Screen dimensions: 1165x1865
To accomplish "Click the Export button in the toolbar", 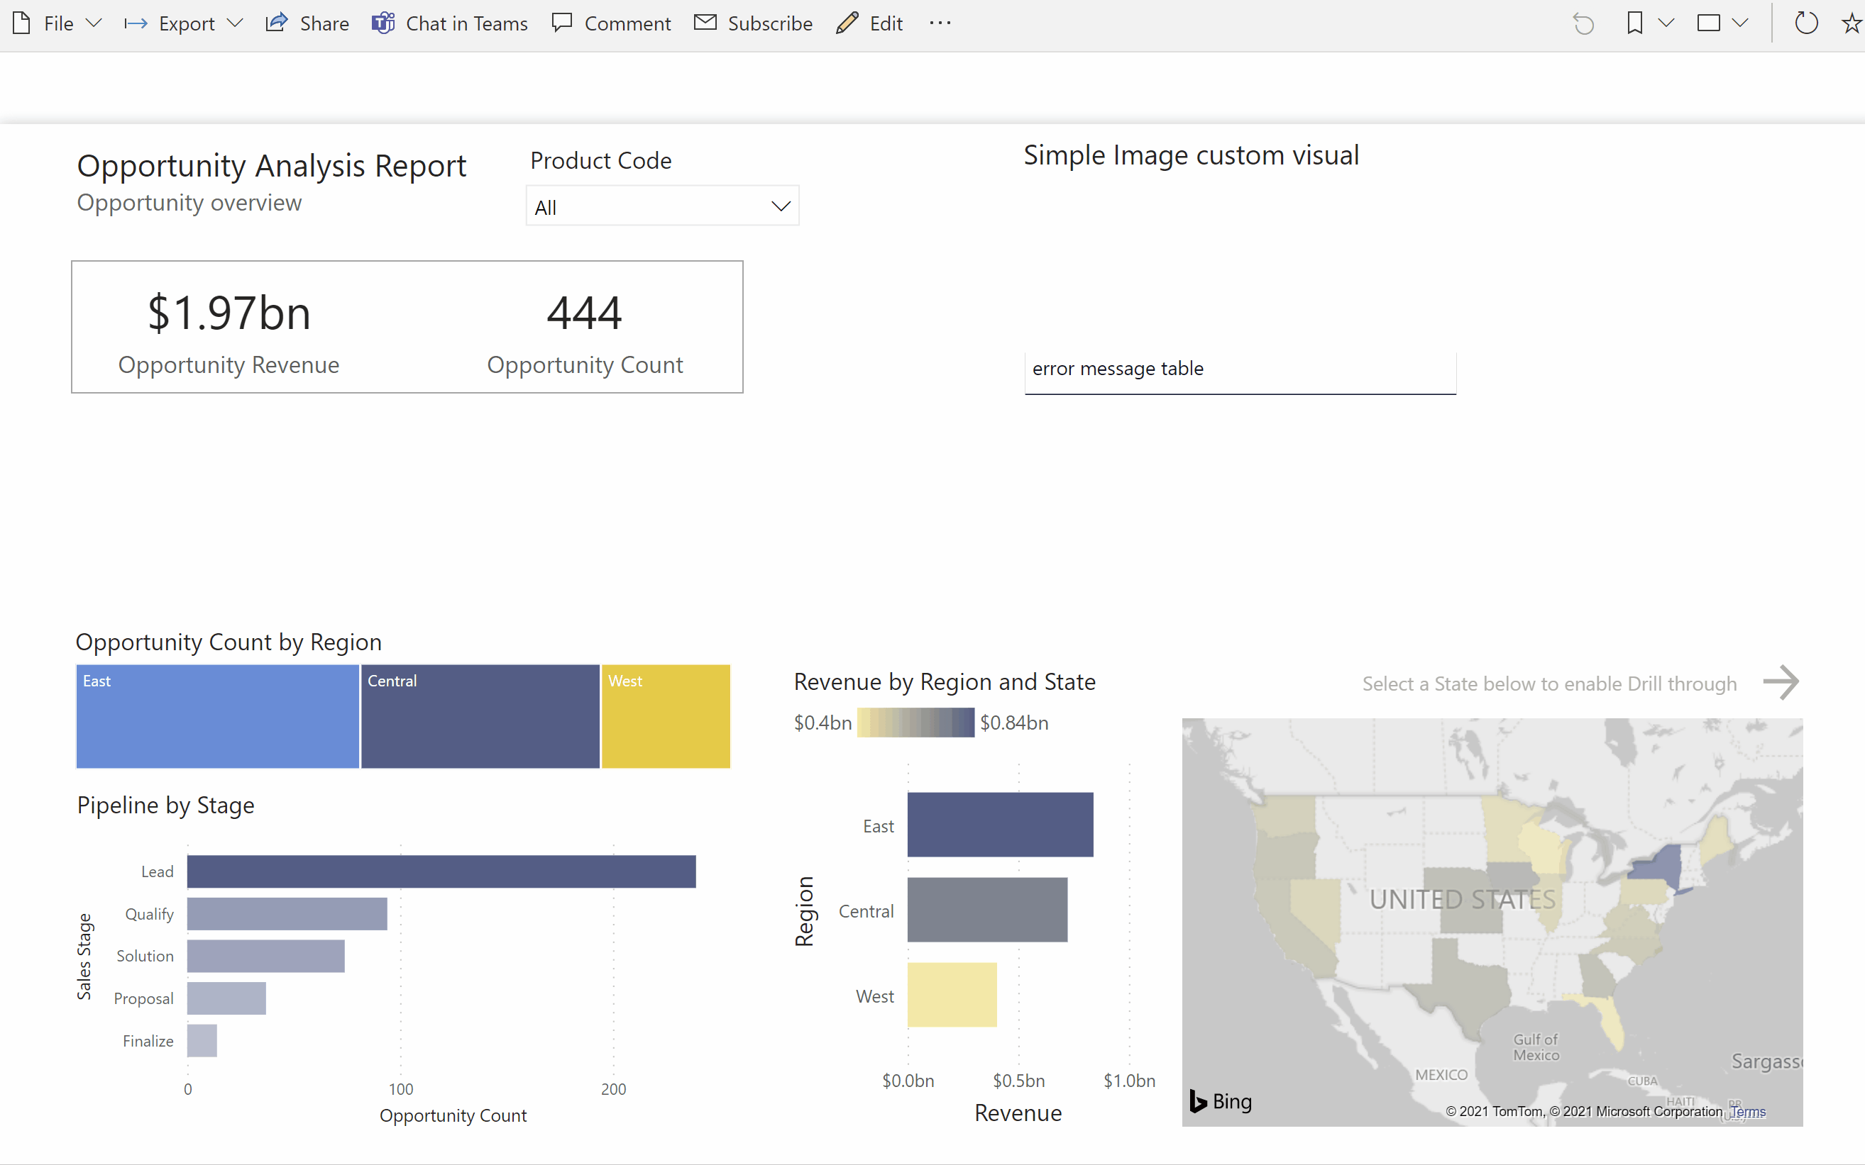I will (x=185, y=24).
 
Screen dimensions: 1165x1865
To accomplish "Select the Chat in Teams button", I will (x=450, y=24).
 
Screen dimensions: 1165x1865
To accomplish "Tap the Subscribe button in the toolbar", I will (x=753, y=24).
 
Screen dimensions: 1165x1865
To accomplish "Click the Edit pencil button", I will (x=869, y=24).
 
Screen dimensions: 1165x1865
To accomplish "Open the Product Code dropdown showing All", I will (x=662, y=206).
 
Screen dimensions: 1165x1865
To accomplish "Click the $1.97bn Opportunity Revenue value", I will (x=229, y=313).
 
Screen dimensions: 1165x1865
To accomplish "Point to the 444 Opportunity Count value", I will (x=584, y=313).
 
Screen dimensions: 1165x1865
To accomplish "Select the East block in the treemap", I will (x=217, y=717).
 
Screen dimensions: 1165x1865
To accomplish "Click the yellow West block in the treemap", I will (x=666, y=717).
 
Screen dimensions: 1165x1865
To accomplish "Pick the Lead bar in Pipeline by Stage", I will (x=441, y=871).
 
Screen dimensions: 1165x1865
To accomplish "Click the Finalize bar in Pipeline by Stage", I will (x=202, y=1041).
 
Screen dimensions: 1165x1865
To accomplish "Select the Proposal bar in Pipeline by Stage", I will (x=226, y=998).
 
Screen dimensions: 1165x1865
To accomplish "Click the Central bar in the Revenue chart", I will (x=987, y=910).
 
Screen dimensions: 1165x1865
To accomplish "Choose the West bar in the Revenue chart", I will (x=952, y=996).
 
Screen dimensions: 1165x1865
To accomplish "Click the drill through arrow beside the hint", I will (x=1781, y=682).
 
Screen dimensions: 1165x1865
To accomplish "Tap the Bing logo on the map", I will (x=1221, y=1102).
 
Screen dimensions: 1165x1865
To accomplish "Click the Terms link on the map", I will (x=1748, y=1112).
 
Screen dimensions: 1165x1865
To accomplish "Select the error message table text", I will (x=1117, y=369).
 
